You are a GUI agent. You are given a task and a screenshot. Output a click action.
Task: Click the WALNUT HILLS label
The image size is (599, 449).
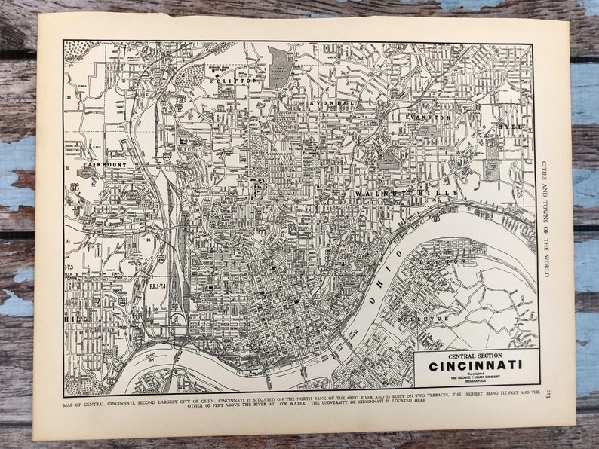(407, 194)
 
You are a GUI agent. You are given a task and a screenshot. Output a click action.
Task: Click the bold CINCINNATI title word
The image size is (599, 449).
(475, 367)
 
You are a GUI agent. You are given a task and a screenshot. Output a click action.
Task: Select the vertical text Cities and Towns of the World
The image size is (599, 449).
(545, 218)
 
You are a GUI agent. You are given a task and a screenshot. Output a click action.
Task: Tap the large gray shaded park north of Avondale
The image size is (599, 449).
(280, 66)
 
